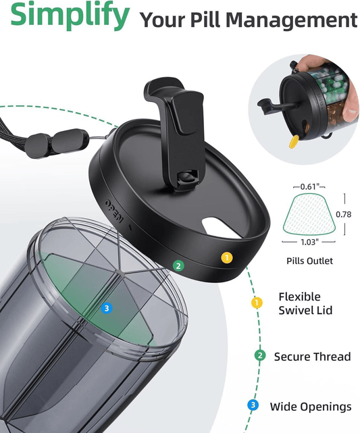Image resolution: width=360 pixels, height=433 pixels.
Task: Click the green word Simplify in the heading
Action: click(70, 14)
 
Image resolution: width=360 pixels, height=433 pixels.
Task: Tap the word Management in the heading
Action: click(291, 20)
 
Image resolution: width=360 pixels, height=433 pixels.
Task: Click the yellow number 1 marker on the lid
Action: click(227, 257)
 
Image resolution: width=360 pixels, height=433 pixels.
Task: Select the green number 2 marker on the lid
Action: click(178, 265)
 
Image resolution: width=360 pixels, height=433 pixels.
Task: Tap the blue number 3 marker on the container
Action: click(107, 308)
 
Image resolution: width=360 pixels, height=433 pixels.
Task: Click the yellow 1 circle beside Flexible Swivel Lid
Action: click(257, 303)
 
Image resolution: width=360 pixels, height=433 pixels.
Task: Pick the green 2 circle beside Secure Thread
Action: click(260, 355)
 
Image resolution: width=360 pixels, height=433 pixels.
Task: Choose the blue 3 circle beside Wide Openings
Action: click(253, 405)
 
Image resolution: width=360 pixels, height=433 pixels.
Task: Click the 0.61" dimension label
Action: click(309, 186)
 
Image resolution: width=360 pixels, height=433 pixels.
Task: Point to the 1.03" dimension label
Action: click(309, 243)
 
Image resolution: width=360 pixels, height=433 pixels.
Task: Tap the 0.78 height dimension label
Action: click(343, 214)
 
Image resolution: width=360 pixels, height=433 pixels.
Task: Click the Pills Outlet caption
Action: click(309, 261)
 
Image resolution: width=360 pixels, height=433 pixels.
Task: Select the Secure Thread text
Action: click(312, 357)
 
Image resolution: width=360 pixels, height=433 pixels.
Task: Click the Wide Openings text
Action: click(311, 407)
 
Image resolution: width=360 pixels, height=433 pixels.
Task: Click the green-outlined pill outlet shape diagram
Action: click(309, 215)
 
